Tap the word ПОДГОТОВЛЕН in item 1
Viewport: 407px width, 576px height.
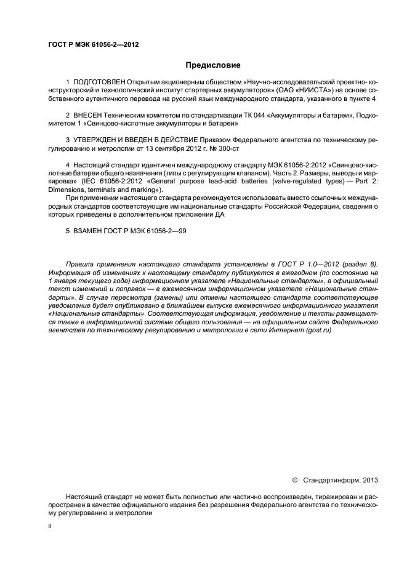tap(99, 82)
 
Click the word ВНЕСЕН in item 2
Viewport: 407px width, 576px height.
tap(88, 115)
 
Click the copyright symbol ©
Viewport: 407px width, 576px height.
tap(294, 479)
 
